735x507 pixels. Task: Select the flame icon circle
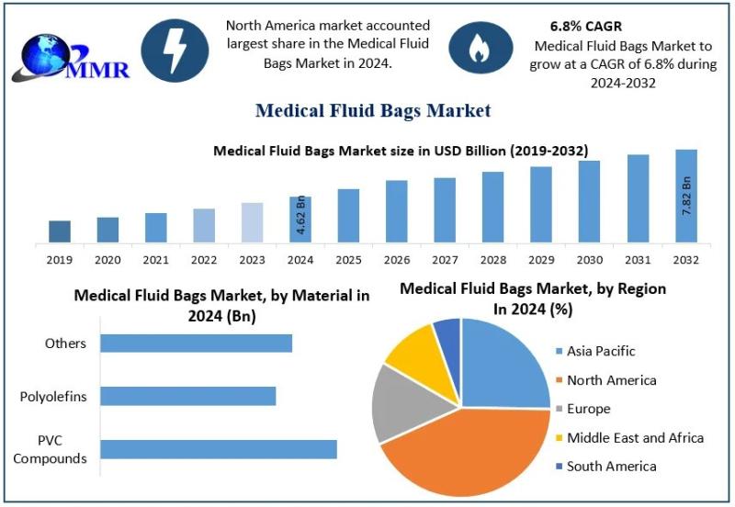(479, 51)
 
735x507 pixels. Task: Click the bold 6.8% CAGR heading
(581, 27)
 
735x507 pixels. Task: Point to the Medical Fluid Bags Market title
(373, 111)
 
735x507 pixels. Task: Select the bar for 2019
(60, 232)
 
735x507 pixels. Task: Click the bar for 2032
(686, 197)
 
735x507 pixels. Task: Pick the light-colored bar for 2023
(253, 223)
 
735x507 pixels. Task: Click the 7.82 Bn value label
(686, 196)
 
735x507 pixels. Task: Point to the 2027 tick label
(445, 260)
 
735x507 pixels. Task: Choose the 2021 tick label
(156, 260)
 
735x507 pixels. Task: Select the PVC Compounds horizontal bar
(219, 449)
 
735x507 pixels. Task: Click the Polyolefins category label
(53, 397)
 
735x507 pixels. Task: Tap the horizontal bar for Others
(196, 343)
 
